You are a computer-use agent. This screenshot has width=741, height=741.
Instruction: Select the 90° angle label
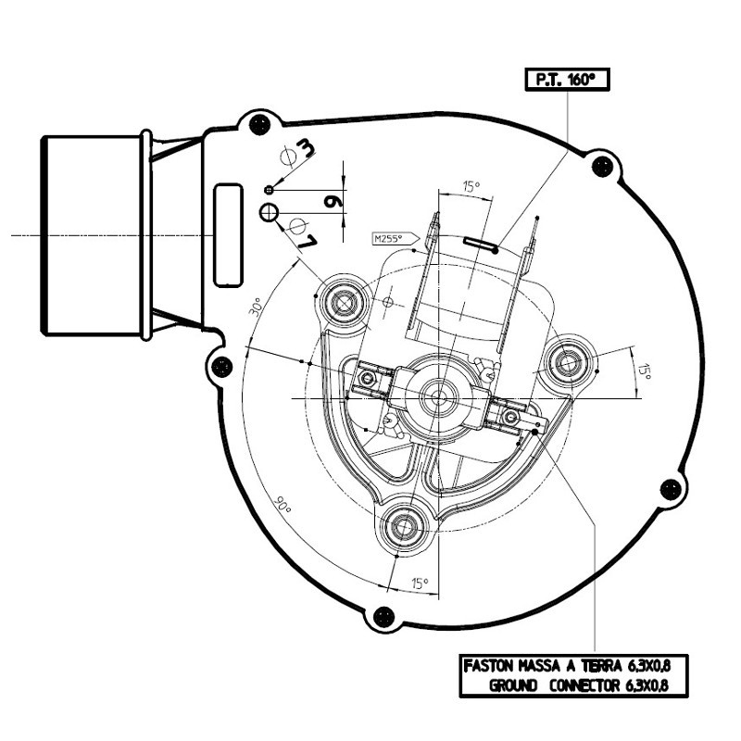(281, 508)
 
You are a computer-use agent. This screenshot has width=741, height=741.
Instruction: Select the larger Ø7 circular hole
(269, 213)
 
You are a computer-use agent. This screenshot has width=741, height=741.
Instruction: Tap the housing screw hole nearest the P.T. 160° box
(604, 167)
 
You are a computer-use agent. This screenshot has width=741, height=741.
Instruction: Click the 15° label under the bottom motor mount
(421, 584)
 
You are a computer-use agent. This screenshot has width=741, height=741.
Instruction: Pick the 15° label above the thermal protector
(471, 188)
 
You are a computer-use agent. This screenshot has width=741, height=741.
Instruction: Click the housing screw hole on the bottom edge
(380, 617)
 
